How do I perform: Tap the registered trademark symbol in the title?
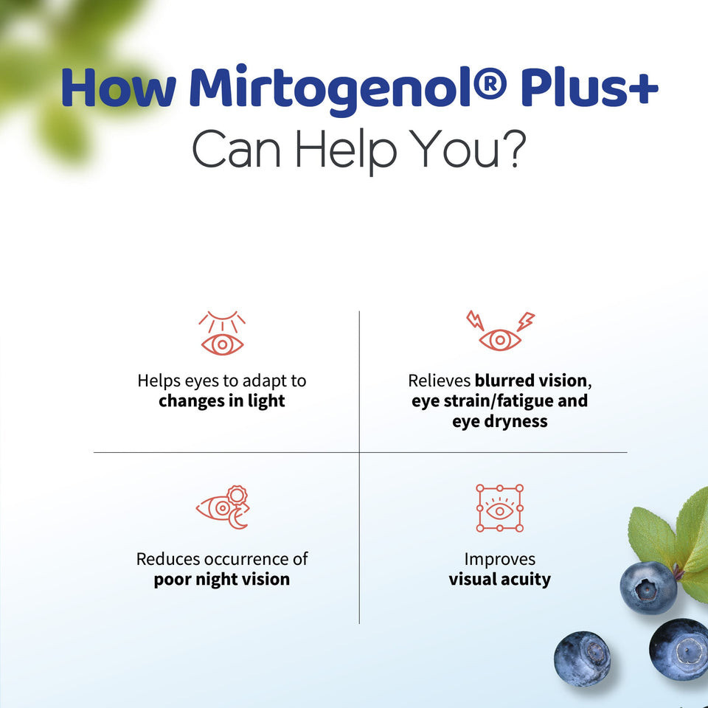click(x=491, y=83)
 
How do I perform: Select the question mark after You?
click(x=515, y=148)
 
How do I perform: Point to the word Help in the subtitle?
click(x=346, y=151)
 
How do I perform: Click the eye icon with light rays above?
click(x=222, y=333)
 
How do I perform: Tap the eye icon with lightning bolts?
click(x=500, y=330)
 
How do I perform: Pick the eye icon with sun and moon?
click(x=223, y=507)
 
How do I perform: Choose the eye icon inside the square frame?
click(x=500, y=508)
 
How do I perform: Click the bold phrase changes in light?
click(x=222, y=401)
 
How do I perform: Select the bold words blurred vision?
click(x=530, y=381)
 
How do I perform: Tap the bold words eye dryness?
click(x=500, y=421)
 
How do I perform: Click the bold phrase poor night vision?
click(x=222, y=580)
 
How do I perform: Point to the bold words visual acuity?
click(x=500, y=579)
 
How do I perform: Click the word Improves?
click(x=500, y=560)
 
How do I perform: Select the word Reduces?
click(x=168, y=559)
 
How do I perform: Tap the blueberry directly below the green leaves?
click(x=648, y=588)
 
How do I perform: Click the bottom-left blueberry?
click(x=582, y=659)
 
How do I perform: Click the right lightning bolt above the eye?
click(x=526, y=321)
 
